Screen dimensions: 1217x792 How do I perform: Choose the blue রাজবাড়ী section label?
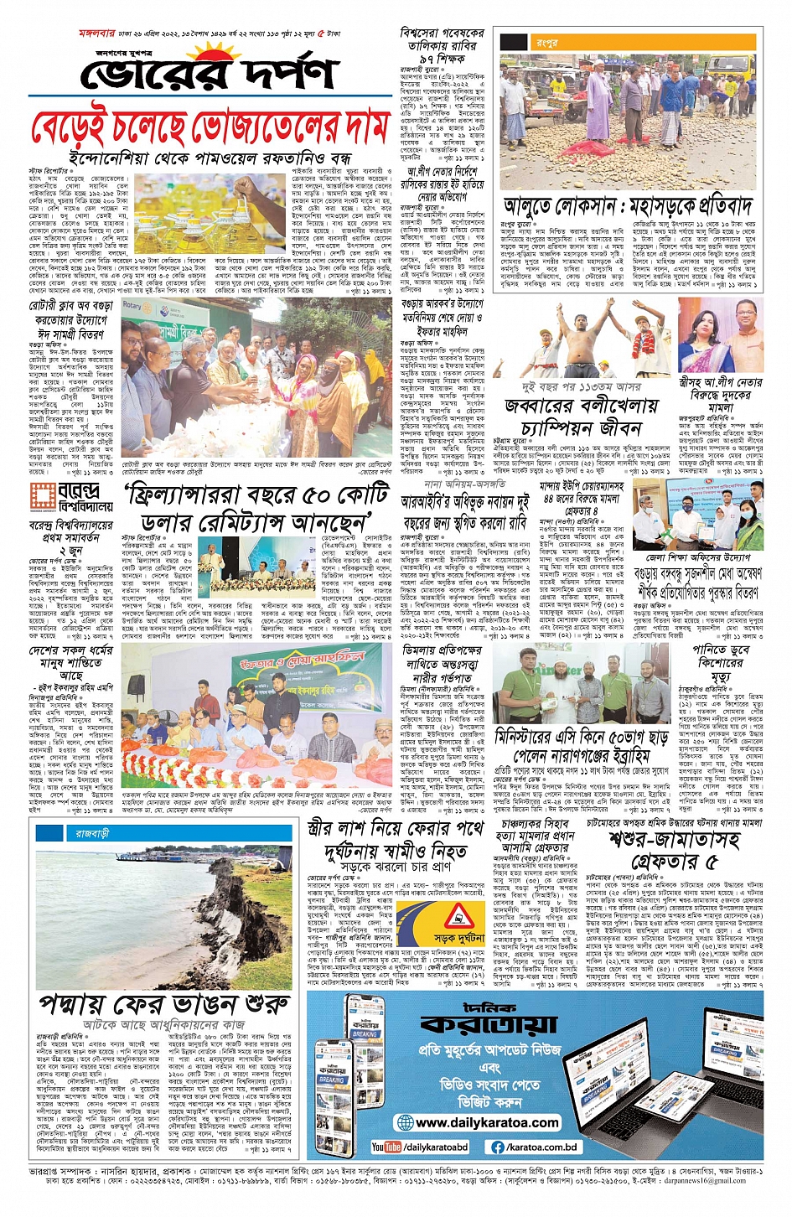pyautogui.click(x=91, y=834)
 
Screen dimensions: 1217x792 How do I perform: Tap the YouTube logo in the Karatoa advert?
pyautogui.click(x=386, y=1147)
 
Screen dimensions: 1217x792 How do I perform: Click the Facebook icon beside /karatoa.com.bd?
pyautogui.click(x=498, y=1147)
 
